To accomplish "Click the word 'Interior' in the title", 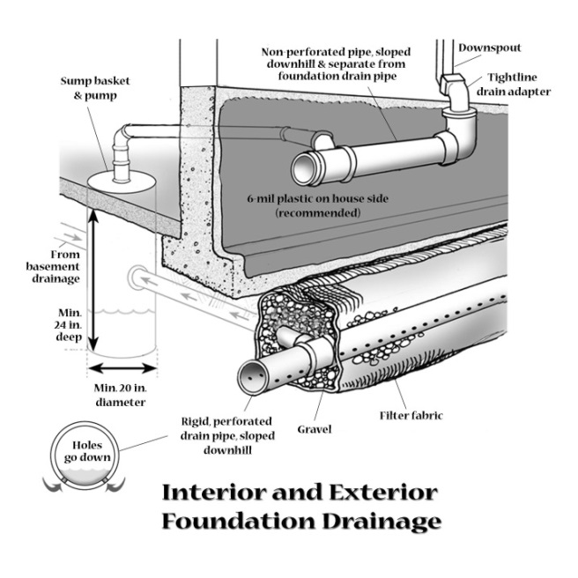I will [219, 493].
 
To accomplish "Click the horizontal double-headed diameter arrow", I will [123, 367].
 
